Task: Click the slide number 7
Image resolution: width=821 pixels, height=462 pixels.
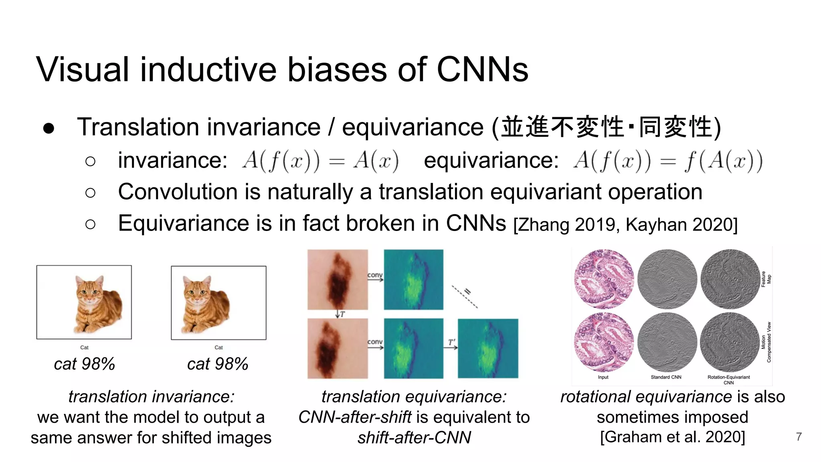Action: pyautogui.click(x=799, y=437)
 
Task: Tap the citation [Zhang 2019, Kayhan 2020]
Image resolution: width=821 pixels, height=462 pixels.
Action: pyautogui.click(x=625, y=225)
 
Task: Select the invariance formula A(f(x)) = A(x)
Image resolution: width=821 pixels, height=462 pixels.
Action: pyautogui.click(x=320, y=161)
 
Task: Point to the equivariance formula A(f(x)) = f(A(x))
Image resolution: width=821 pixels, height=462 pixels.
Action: pyautogui.click(x=668, y=161)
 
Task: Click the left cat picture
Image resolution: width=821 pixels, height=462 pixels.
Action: pyautogui.click(x=84, y=302)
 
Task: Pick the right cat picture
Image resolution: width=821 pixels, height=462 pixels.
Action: pyautogui.click(x=218, y=303)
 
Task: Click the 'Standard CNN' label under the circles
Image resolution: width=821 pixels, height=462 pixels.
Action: pyautogui.click(x=666, y=377)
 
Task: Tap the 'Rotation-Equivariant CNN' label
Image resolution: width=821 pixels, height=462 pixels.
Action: pyautogui.click(x=728, y=379)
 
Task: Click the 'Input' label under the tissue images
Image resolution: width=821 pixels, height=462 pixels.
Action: pyautogui.click(x=603, y=377)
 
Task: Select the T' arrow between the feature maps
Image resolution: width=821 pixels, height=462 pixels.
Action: pyautogui.click(x=451, y=346)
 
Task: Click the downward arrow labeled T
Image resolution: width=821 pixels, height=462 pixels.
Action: pyautogui.click(x=338, y=314)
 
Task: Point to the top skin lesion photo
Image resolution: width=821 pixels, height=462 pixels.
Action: pyautogui.click(x=338, y=280)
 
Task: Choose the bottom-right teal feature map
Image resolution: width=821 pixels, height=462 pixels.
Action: pyautogui.click(x=488, y=349)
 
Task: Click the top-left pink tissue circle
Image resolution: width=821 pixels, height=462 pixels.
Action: pyautogui.click(x=604, y=279)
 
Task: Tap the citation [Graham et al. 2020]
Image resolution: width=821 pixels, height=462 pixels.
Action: pyautogui.click(x=672, y=437)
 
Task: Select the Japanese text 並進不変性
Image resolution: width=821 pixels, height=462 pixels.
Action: pyautogui.click(x=562, y=127)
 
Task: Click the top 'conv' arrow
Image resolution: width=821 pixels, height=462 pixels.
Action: pyautogui.click(x=375, y=278)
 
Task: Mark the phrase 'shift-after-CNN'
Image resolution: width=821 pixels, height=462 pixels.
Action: pyautogui.click(x=414, y=438)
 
